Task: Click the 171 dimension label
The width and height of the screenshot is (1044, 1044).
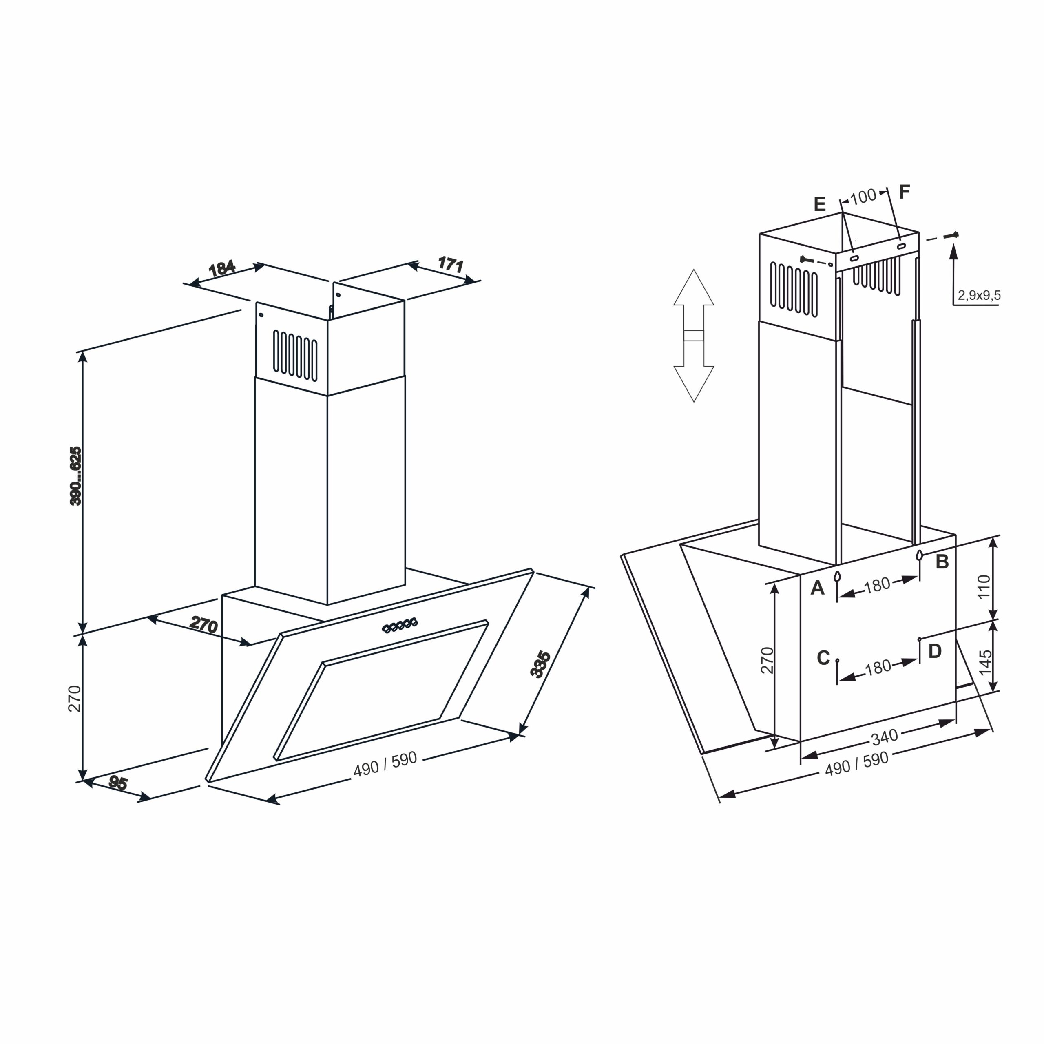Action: (x=451, y=264)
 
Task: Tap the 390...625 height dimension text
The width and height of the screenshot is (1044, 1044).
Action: (x=76, y=476)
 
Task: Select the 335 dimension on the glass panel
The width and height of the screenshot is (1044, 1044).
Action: (x=540, y=665)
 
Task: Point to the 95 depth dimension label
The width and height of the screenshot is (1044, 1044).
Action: (x=118, y=783)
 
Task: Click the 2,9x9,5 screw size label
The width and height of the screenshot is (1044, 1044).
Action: (x=979, y=295)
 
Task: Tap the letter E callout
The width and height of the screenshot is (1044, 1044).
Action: (x=819, y=204)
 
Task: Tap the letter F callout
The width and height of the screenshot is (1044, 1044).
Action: (x=905, y=191)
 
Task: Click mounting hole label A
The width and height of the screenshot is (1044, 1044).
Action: (x=818, y=587)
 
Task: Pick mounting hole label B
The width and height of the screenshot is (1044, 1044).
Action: (x=942, y=562)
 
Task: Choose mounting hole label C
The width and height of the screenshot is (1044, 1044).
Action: (x=823, y=658)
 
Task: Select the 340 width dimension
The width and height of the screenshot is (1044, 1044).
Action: (x=885, y=736)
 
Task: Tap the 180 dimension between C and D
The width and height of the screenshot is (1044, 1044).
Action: (x=878, y=668)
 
